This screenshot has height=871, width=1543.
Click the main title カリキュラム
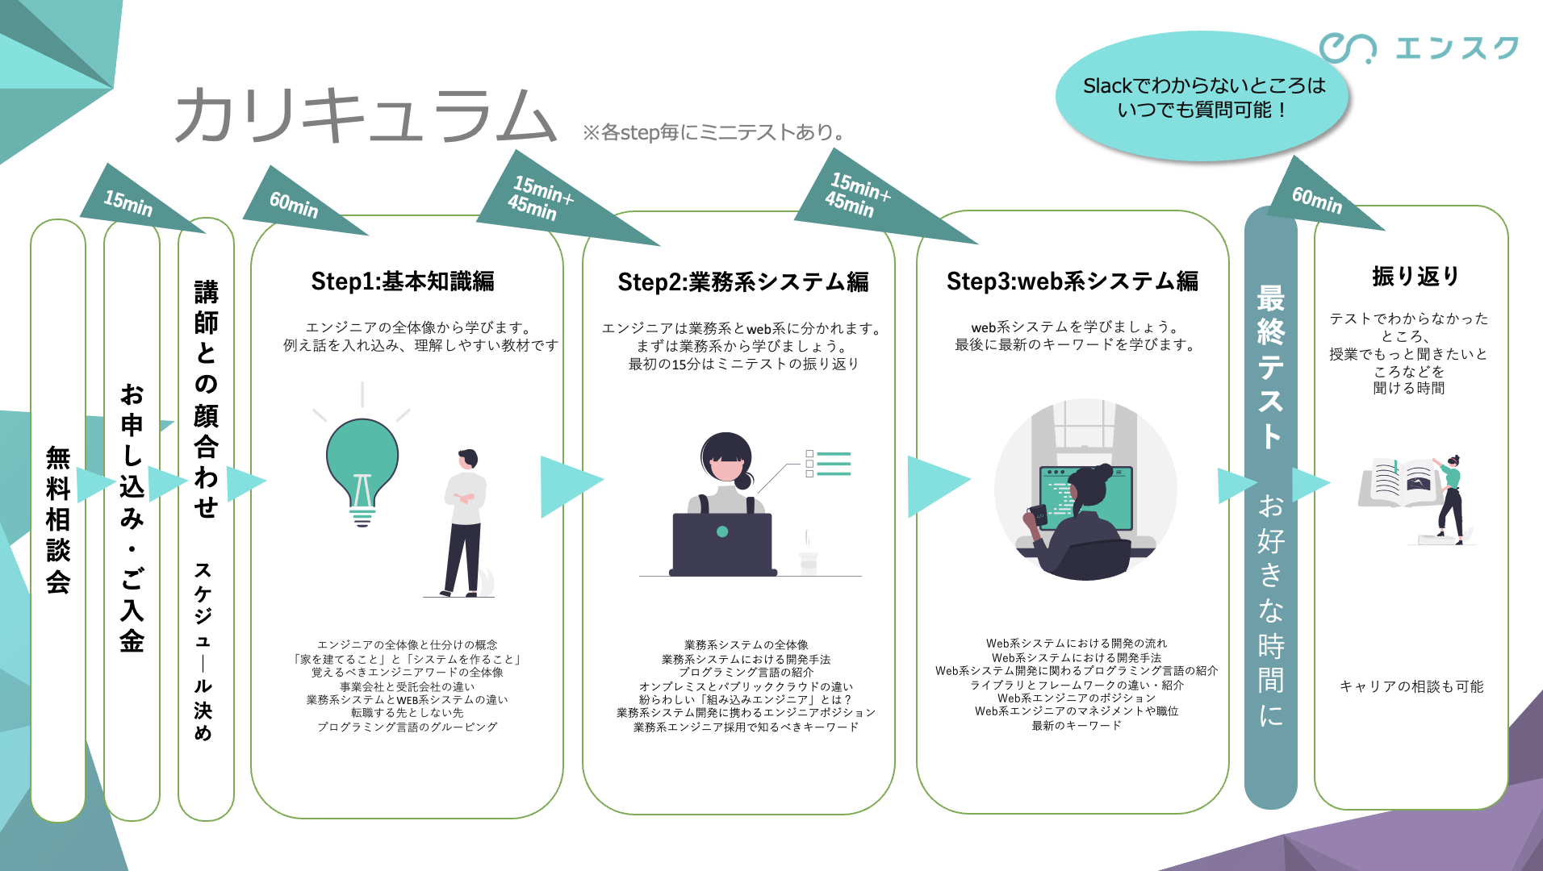(x=365, y=115)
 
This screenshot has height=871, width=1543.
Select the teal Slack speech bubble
(x=1202, y=97)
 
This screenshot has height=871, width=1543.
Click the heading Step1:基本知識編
(x=403, y=281)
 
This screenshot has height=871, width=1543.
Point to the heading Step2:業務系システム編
(x=742, y=282)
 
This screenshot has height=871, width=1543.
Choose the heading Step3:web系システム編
(x=1072, y=281)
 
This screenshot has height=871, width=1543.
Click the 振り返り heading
(x=1415, y=277)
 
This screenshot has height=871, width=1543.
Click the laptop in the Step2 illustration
(x=722, y=542)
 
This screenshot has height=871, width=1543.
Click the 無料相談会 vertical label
(x=58, y=519)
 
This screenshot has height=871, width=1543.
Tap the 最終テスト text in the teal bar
(x=1270, y=367)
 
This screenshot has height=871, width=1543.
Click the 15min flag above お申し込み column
(x=129, y=202)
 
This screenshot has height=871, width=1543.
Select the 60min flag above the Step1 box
(x=294, y=205)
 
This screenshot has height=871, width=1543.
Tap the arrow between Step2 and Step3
(x=935, y=484)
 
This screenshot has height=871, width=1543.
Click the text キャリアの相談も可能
(x=1411, y=686)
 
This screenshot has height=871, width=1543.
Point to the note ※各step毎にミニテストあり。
(x=713, y=132)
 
